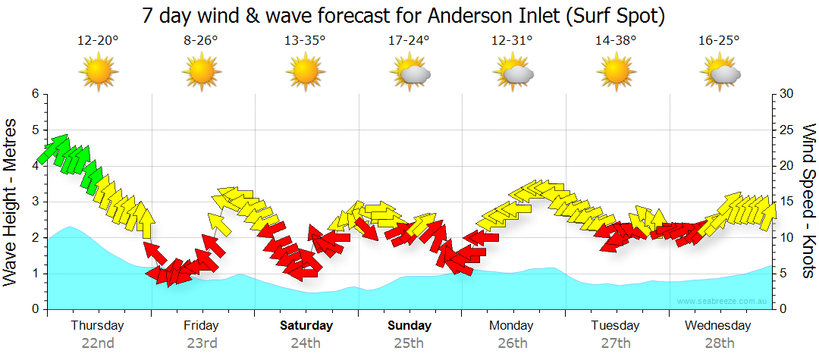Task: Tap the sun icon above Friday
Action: pos(202,72)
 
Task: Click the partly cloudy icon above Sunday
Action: pos(409,72)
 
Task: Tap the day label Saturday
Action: pos(306,326)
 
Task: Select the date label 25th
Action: pos(409,343)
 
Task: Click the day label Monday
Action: pos(513,326)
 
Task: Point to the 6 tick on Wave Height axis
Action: pos(35,94)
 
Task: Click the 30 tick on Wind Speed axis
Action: pos(788,94)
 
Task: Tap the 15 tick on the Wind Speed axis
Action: pos(788,202)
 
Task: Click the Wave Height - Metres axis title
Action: pos(11,201)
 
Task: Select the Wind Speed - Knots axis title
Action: pos(808,201)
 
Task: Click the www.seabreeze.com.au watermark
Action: pos(723,301)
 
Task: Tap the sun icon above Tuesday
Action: pos(616,72)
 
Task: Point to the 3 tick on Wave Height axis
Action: pos(35,202)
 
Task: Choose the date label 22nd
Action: pos(98,343)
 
